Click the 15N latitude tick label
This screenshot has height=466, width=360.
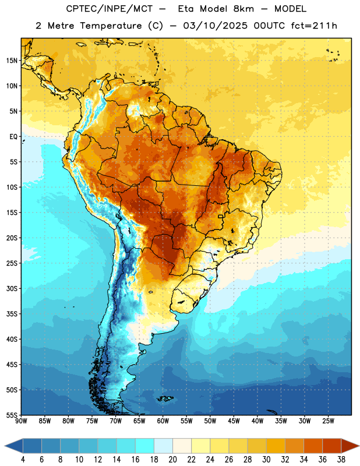(x=12, y=61)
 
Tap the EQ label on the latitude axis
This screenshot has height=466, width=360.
(x=13, y=137)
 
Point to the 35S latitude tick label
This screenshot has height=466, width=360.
(x=12, y=314)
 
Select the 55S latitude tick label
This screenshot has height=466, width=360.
(x=12, y=415)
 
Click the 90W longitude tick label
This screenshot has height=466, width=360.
(x=21, y=421)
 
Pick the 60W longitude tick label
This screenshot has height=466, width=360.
(x=163, y=421)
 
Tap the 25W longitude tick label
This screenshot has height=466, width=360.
(x=328, y=421)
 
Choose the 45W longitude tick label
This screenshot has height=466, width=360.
(x=234, y=421)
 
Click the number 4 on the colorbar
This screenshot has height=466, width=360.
(x=23, y=460)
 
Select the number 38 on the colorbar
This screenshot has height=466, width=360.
(x=341, y=460)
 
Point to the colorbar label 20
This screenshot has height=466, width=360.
(x=172, y=460)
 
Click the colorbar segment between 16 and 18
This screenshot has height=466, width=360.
(x=145, y=446)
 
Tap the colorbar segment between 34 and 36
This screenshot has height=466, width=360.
(x=313, y=446)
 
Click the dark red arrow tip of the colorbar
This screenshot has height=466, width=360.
(x=359, y=446)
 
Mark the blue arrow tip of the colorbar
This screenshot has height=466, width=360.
(x=5, y=446)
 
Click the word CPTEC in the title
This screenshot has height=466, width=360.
(x=79, y=9)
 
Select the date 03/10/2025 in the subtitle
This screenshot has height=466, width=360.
(x=215, y=26)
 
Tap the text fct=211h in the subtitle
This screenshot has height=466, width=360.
(x=314, y=26)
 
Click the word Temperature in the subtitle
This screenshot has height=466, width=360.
(x=111, y=26)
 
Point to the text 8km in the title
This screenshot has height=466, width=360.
(x=243, y=9)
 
